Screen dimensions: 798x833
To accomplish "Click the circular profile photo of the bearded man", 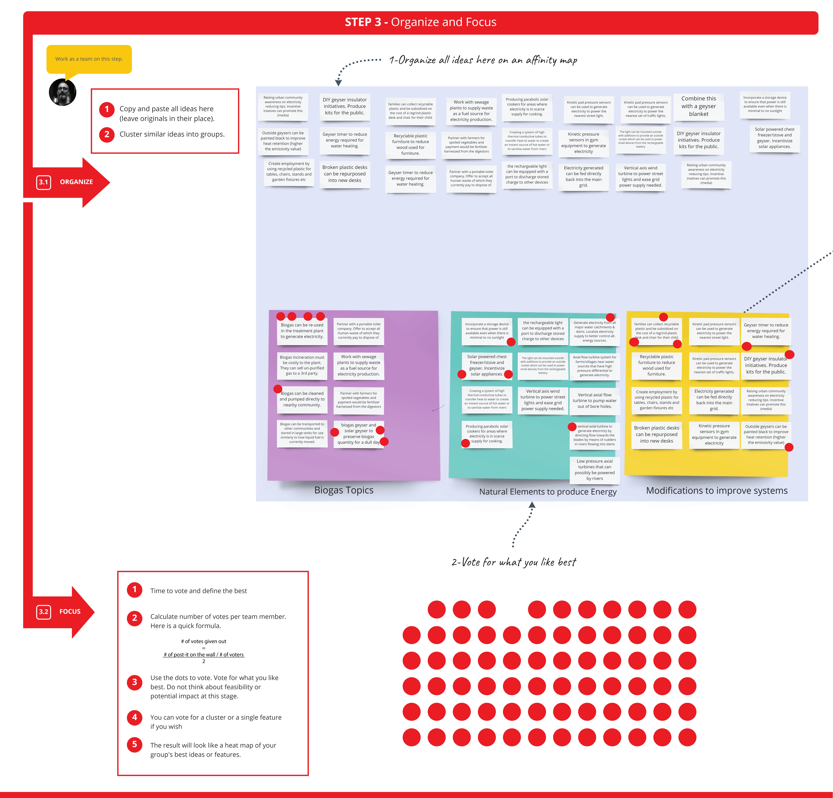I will (x=62, y=92).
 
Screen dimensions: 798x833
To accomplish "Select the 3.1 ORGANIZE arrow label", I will (x=66, y=182).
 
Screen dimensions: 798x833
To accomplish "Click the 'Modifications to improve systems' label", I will (x=717, y=491).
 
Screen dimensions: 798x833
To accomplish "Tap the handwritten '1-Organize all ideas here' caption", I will (x=483, y=60).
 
